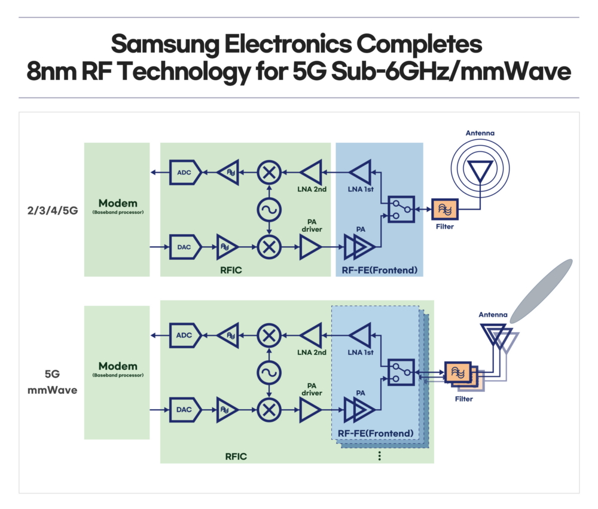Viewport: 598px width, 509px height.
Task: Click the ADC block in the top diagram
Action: (x=183, y=173)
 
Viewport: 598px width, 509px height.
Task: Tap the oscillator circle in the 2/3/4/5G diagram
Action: (x=269, y=210)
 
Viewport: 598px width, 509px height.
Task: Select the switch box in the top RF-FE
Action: (x=401, y=209)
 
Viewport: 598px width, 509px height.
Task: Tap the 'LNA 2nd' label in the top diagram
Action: (x=312, y=189)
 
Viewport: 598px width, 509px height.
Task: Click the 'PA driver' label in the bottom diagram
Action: (x=312, y=389)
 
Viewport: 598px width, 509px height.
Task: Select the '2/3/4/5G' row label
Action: (x=52, y=210)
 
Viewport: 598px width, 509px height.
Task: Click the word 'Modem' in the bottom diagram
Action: (x=117, y=366)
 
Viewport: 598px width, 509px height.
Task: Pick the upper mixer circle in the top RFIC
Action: (x=269, y=173)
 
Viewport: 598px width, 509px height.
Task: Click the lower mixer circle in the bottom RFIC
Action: (x=269, y=410)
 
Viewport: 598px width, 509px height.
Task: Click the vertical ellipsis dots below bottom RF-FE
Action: (x=379, y=456)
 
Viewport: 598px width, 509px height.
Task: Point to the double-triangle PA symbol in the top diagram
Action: (x=361, y=246)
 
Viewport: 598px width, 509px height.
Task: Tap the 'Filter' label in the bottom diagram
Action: (x=463, y=398)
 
